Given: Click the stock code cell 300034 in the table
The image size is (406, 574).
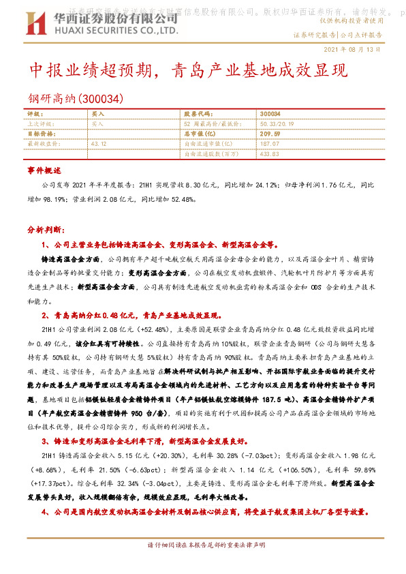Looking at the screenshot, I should coord(270,114).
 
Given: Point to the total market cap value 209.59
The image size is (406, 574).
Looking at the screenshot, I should coord(270,134).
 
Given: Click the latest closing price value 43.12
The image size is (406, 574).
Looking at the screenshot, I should coord(99,144).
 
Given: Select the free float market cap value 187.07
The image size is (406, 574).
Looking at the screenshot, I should coord(270,144).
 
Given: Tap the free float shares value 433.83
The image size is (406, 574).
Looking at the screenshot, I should coord(270,154).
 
